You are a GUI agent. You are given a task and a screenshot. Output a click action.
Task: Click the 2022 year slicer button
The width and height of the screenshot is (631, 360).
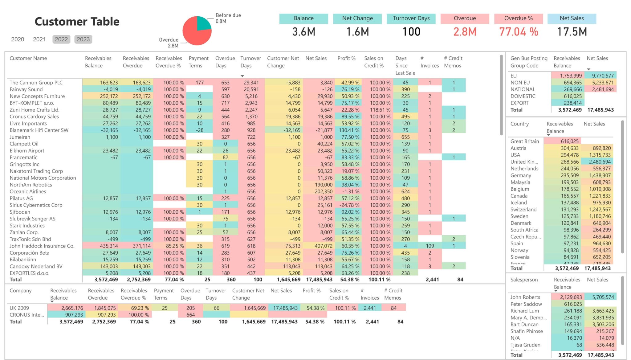click(x=61, y=39)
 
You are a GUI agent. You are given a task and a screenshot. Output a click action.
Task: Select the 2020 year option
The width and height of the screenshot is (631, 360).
click(x=18, y=39)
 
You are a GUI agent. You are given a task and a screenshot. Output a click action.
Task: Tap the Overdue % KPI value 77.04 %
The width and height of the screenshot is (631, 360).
click(x=519, y=32)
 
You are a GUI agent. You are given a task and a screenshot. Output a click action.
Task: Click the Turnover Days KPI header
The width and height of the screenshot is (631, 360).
click(x=411, y=18)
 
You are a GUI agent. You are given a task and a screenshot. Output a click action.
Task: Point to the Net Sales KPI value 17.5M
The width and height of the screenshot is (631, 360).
click(x=572, y=32)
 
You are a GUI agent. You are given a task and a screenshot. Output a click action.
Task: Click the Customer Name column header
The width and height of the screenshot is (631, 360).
click(x=28, y=58)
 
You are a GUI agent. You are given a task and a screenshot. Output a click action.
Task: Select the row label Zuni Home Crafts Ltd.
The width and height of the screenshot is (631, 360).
click(x=34, y=110)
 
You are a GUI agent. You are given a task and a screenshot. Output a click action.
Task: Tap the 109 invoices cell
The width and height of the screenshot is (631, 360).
click(x=430, y=246)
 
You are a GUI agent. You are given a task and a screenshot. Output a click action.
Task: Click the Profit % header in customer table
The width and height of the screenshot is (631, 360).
click(x=346, y=58)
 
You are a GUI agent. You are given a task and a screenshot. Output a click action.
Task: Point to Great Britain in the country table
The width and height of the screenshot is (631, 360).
click(x=524, y=141)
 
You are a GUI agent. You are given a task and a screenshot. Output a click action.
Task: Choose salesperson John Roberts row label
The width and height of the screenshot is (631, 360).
click(x=525, y=297)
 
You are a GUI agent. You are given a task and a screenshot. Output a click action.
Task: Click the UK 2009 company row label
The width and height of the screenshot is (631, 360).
click(x=19, y=308)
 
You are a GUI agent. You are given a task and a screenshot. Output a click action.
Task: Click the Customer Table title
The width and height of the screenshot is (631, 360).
click(x=77, y=22)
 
